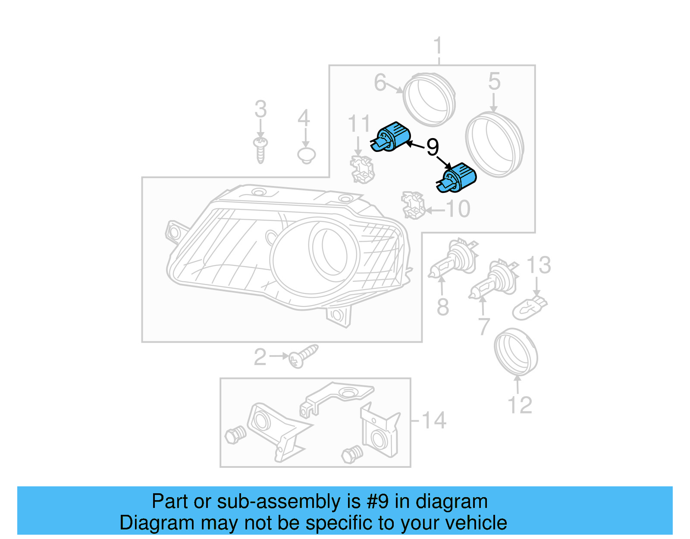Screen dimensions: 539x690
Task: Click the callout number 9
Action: point(433,147)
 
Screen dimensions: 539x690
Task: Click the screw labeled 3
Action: point(260,149)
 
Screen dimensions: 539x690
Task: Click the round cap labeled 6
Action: point(429,99)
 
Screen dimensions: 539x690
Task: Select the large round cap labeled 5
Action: point(494,144)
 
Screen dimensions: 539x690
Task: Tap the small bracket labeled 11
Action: point(362,170)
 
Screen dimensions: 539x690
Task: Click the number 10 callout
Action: point(458,209)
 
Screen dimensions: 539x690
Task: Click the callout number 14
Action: point(433,420)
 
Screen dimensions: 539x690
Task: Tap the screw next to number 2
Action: point(303,356)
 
